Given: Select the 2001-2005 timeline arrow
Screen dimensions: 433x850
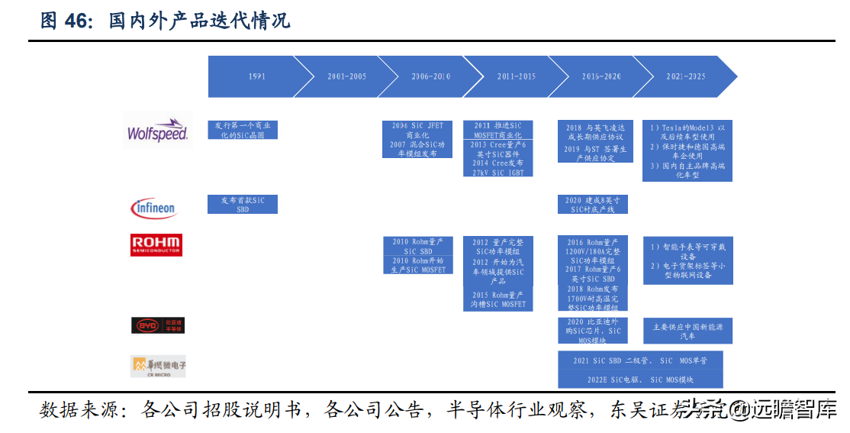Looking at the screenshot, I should click(346, 76).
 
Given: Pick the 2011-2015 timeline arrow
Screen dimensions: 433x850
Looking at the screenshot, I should click(517, 76).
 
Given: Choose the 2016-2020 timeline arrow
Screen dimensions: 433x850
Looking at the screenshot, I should click(601, 76).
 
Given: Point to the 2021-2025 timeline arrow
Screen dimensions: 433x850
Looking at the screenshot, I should click(685, 76).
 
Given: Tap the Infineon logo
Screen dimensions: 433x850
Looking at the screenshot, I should click(155, 207).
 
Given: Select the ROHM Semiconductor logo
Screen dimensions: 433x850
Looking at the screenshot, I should click(156, 244).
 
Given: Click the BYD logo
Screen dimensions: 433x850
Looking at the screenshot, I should click(158, 325).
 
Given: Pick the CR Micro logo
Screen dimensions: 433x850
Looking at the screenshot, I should click(158, 366).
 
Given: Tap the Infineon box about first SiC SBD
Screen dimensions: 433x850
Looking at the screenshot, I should click(243, 204).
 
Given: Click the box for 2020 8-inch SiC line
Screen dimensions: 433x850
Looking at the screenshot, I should click(593, 204).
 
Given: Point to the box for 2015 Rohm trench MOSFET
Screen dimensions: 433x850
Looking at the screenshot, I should click(498, 299).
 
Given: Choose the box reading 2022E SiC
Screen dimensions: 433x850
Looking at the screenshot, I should click(640, 379).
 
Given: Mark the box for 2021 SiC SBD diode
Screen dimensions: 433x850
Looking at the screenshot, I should click(640, 360).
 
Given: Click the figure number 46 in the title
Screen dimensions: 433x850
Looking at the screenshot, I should click(77, 21).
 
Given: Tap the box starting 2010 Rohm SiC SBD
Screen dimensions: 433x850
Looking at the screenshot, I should click(418, 246).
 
